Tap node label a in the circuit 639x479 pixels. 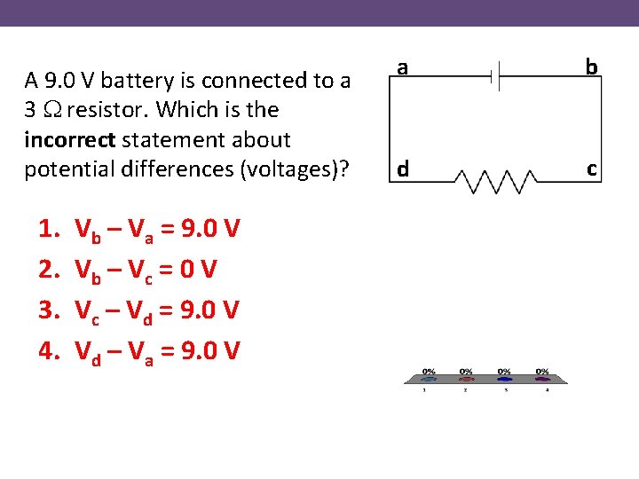tap(402, 67)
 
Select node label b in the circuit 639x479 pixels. tap(591, 67)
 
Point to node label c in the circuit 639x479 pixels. tap(591, 168)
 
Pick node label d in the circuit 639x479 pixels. tap(403, 169)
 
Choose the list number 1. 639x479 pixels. tap(48, 231)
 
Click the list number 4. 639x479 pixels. tap(48, 350)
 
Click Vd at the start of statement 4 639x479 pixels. tap(89, 352)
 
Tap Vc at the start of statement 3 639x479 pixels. tap(88, 311)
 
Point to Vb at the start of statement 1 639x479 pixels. tap(89, 232)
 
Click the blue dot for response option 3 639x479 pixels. tap(504, 379)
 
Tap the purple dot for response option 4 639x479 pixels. tap(542, 379)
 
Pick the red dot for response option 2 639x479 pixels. tap(466, 379)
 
